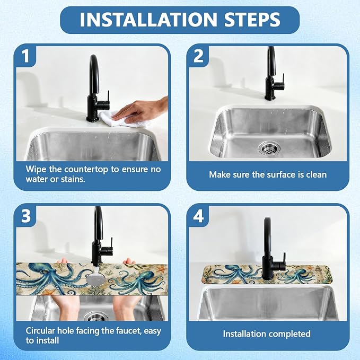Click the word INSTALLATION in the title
(x=148, y=20)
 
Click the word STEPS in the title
(x=252, y=20)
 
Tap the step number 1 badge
(x=25, y=56)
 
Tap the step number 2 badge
(x=198, y=56)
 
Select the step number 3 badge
(x=25, y=216)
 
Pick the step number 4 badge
(x=198, y=216)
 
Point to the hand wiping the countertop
(x=140, y=110)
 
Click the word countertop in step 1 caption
(x=86, y=170)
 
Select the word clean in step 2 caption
(x=317, y=175)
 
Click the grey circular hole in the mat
(x=95, y=279)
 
